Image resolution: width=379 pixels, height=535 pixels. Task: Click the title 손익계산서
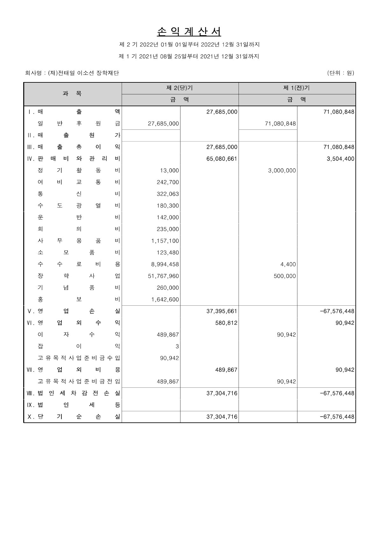(x=189, y=31)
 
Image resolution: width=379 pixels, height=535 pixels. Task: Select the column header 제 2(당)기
(x=180, y=88)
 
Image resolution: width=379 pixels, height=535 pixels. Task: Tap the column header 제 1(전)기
(x=297, y=88)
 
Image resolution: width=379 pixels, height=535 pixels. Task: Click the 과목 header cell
(x=72, y=94)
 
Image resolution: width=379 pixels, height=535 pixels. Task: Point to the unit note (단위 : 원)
(x=340, y=73)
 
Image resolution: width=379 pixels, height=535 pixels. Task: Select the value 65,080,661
(x=222, y=159)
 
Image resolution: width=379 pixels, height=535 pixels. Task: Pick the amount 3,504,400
(x=340, y=159)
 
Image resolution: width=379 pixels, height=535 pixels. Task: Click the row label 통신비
(x=79, y=194)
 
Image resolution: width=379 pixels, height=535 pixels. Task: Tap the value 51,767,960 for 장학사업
(x=163, y=276)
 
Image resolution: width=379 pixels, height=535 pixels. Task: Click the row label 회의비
(x=79, y=229)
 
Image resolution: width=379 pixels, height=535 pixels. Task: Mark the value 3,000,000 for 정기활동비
(x=282, y=170)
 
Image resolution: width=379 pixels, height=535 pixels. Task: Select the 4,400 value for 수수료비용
(x=288, y=264)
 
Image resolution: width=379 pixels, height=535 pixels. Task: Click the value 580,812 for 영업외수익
(x=226, y=323)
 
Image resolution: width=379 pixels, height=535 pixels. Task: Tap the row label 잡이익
(x=79, y=346)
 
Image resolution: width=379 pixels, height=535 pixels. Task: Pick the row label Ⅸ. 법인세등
(x=74, y=405)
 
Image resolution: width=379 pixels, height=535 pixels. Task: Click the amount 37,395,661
(x=222, y=311)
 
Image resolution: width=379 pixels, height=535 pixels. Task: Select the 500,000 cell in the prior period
(x=285, y=276)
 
